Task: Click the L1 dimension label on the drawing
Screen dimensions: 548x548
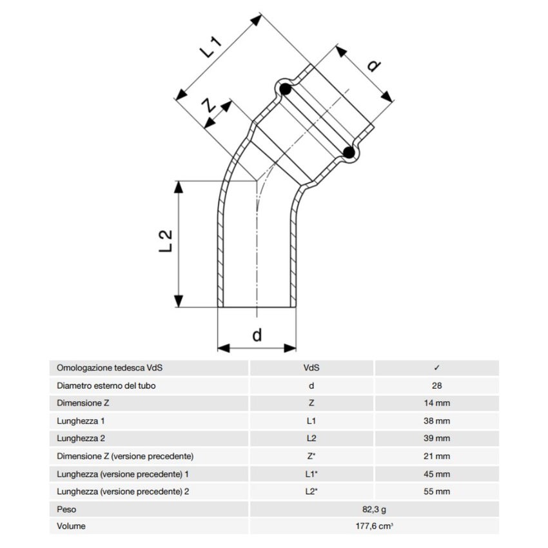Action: [x=210, y=46]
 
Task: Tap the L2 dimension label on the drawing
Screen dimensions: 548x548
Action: [x=166, y=241]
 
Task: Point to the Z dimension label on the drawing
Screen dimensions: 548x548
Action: [x=210, y=105]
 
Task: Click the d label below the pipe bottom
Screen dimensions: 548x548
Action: [x=257, y=335]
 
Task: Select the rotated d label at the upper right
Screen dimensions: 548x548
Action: [x=374, y=65]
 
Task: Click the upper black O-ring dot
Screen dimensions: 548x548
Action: [x=286, y=90]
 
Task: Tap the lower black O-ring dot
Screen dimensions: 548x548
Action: [x=349, y=152]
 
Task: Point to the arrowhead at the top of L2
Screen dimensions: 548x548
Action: [x=179, y=187]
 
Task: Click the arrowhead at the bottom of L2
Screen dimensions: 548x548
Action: [x=179, y=301]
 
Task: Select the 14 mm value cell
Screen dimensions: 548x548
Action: [x=436, y=403]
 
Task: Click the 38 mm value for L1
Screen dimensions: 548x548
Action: [x=436, y=421]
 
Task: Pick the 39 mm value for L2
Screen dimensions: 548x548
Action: [x=436, y=438]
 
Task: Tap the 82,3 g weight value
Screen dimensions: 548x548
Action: [x=374, y=509]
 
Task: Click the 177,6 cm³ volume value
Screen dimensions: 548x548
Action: [x=374, y=526]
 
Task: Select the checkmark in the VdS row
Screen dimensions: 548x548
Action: [x=436, y=367]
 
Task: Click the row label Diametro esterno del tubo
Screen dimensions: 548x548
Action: [x=106, y=386]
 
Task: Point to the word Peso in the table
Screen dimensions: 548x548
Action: [x=66, y=509]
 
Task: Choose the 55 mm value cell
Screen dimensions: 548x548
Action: [x=436, y=491]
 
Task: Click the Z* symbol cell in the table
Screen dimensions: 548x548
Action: [x=311, y=456]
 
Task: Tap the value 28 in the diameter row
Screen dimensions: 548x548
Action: [x=436, y=386]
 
